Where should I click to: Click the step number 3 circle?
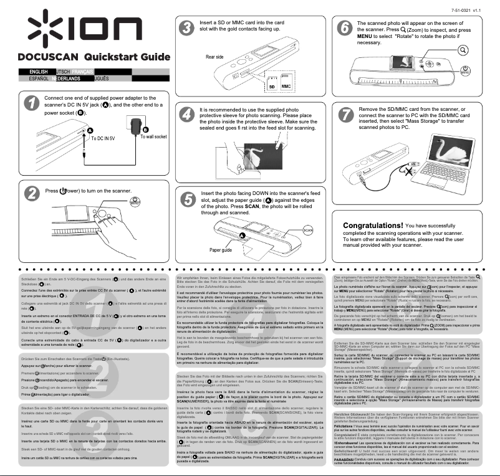point(185,29)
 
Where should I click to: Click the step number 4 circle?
point(185,116)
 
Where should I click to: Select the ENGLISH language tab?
point(34,72)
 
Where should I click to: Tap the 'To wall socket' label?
point(153,136)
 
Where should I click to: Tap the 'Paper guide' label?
point(220,249)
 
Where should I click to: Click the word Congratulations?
point(373,225)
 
